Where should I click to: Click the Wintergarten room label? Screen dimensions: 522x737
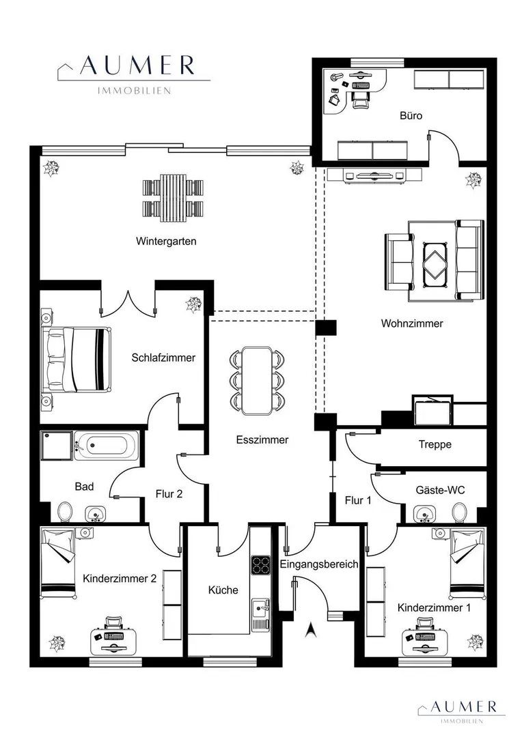coord(166,241)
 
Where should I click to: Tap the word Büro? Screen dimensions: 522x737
coord(411,115)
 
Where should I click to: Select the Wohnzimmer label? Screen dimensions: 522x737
coord(412,323)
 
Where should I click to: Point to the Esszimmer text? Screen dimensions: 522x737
coord(262,440)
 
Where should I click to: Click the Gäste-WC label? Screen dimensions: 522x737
coord(440,490)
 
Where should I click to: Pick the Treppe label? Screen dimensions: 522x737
coord(435,444)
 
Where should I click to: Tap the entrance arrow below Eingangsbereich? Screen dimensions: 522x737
coord(310,630)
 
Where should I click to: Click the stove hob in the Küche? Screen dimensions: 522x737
coord(260,566)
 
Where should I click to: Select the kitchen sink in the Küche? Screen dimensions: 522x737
coord(260,609)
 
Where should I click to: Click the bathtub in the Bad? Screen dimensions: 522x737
coord(107,445)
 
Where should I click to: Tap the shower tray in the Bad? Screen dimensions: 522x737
coord(57,445)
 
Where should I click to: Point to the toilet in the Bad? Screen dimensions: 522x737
coord(65,511)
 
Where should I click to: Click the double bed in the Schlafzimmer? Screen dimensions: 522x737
coord(77,359)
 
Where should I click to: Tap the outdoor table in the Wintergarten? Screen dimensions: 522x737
coord(174,198)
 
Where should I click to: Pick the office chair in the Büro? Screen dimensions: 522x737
coord(359,99)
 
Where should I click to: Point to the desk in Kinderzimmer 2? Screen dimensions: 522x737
coord(113,641)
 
